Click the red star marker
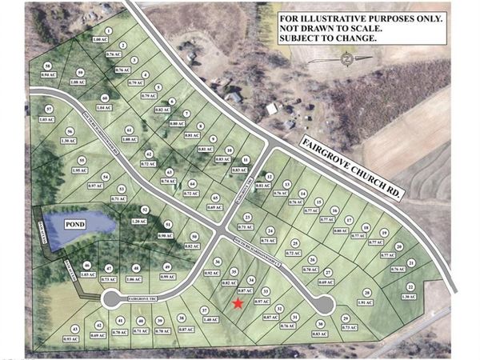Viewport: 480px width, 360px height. point(238,303)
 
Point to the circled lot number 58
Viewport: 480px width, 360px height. point(48,66)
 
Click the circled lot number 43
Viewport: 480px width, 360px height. point(76,330)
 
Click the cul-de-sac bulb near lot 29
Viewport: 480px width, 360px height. point(324,305)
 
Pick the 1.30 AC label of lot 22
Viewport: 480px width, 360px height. point(411,297)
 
